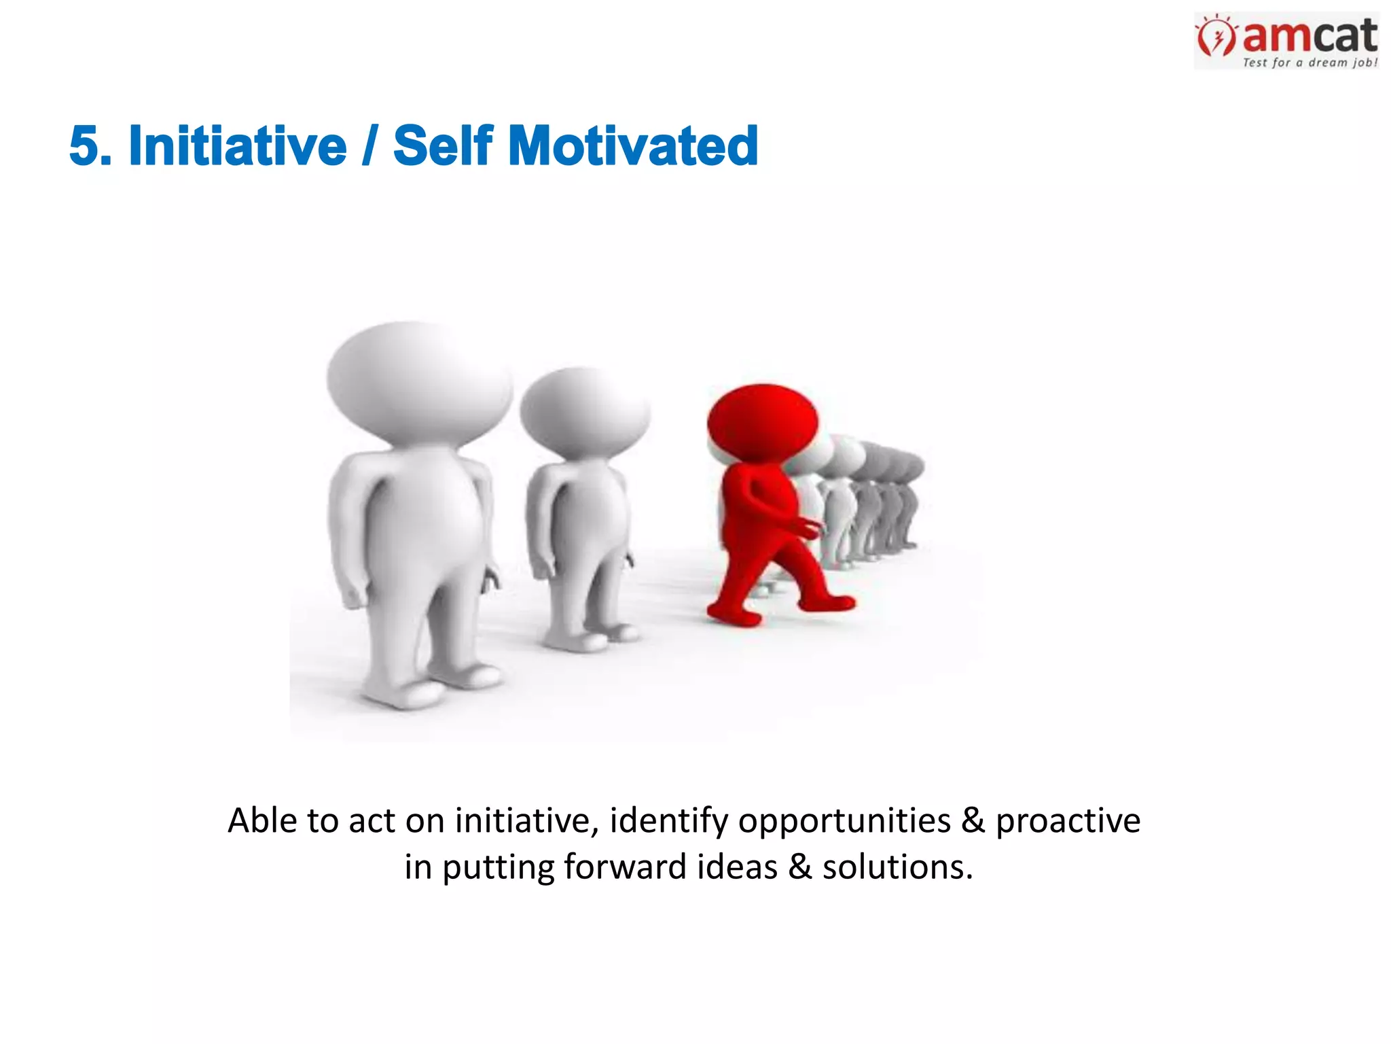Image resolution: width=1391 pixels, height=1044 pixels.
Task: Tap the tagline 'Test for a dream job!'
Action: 1309,63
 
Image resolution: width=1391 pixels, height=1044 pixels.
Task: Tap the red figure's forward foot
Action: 830,602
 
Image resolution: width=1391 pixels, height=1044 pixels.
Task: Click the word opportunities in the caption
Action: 844,820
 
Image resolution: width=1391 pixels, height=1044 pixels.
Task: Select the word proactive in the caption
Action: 1068,820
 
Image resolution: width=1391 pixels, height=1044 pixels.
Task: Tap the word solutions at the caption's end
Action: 897,867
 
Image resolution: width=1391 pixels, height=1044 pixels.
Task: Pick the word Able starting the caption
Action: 262,820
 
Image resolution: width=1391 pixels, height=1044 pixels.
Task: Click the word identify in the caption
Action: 668,820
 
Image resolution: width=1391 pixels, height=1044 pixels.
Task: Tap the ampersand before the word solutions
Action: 799,867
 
